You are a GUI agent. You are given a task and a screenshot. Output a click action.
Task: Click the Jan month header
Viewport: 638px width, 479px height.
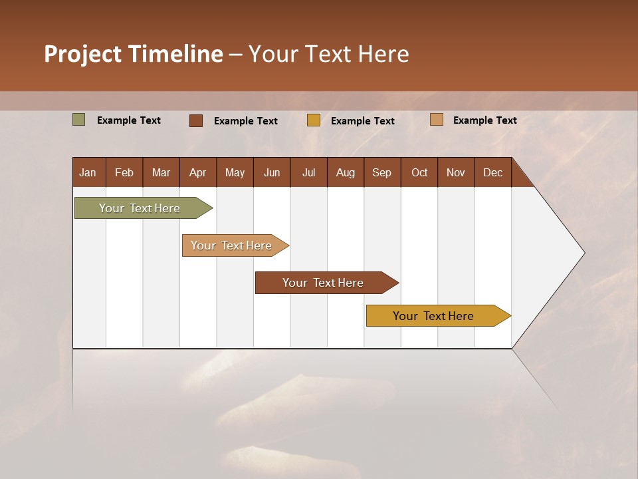click(88, 172)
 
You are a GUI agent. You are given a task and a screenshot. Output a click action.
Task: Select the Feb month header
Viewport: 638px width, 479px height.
click(124, 172)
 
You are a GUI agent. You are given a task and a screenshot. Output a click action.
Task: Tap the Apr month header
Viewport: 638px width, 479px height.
click(197, 172)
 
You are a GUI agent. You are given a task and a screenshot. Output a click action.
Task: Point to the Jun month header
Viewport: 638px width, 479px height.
click(272, 172)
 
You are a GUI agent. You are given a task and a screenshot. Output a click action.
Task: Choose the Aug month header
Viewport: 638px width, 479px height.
click(345, 172)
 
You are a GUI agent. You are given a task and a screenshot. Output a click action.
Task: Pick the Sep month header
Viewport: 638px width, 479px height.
click(381, 172)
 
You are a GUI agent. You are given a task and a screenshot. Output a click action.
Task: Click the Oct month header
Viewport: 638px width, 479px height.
click(419, 172)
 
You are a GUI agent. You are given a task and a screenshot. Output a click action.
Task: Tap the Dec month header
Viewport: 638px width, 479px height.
click(492, 172)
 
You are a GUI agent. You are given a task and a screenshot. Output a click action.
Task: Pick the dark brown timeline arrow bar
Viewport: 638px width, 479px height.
click(324, 283)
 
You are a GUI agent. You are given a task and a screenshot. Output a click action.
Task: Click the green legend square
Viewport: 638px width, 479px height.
click(78, 120)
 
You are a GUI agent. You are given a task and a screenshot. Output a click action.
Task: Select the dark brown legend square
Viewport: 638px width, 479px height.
click(196, 120)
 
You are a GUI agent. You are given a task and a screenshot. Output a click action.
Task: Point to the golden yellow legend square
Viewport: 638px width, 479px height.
click(314, 120)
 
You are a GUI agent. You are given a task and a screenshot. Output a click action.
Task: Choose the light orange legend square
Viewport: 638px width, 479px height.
click(436, 120)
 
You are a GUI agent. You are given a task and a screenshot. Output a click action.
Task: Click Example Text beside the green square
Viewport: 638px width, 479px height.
click(129, 120)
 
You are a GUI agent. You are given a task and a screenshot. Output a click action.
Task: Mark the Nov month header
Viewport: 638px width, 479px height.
click(456, 172)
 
